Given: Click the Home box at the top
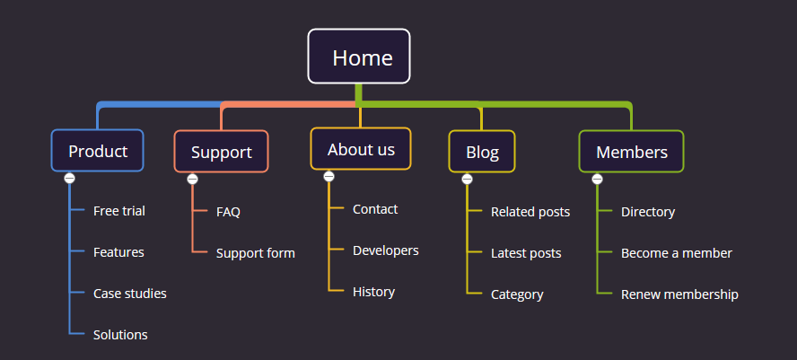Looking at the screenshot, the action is pyautogui.click(x=359, y=56).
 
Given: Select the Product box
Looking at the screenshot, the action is pyautogui.click(x=97, y=151).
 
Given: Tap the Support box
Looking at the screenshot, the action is pyautogui.click(x=221, y=152).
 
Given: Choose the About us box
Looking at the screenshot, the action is pyautogui.click(x=361, y=148).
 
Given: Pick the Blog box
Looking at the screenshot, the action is pyautogui.click(x=482, y=152).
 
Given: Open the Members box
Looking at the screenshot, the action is pyautogui.click(x=631, y=152).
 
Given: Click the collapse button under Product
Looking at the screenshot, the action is pyautogui.click(x=70, y=179).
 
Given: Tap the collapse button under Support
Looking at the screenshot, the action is pyautogui.click(x=192, y=179).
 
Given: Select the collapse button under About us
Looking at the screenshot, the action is pyautogui.click(x=328, y=177).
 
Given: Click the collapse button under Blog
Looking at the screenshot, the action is pyautogui.click(x=467, y=179).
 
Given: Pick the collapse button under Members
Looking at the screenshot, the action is pyautogui.click(x=597, y=179).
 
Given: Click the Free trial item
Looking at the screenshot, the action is pyautogui.click(x=119, y=210).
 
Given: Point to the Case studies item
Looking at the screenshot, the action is pyautogui.click(x=129, y=294).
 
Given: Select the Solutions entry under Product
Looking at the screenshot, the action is pyautogui.click(x=120, y=335).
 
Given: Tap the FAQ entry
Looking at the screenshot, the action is pyautogui.click(x=228, y=212).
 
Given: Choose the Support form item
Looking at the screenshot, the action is pyautogui.click(x=256, y=253).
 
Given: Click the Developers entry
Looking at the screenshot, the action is pyautogui.click(x=386, y=250).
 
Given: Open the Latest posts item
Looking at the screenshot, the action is pyautogui.click(x=526, y=253).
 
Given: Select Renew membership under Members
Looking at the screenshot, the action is pyautogui.click(x=679, y=294).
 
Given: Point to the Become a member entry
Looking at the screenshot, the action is pyautogui.click(x=677, y=253).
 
